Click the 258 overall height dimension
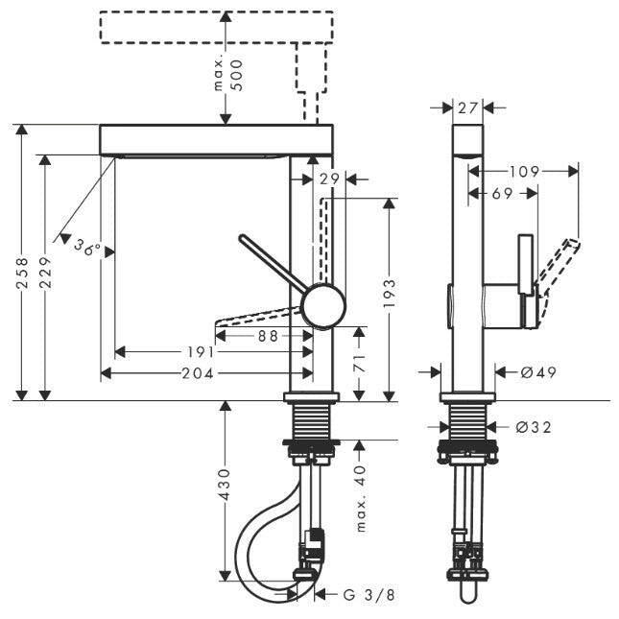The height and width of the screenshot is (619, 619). point(24,273)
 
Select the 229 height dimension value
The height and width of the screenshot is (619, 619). point(45,273)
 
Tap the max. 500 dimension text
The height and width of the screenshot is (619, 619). point(228,75)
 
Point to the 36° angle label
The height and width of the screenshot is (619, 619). point(87,248)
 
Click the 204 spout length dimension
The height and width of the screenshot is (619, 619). point(198,373)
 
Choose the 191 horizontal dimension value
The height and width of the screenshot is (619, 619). point(201,352)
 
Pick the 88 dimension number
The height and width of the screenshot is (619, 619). point(268,336)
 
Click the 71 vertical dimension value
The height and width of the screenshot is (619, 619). point(359,363)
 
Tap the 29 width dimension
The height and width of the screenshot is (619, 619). point(329,179)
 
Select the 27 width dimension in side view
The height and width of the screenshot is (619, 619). point(467,107)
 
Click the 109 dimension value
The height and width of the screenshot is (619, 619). point(524,172)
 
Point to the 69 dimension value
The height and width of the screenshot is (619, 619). point(502,194)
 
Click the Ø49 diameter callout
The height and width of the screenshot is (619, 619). point(538,372)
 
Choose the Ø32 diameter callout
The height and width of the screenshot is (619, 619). point(533,427)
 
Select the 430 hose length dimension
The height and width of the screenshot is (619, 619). point(225,485)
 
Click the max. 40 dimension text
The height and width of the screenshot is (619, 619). point(361,498)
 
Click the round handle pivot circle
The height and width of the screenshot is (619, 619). point(323,305)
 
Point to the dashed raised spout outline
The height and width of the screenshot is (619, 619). point(217,27)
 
